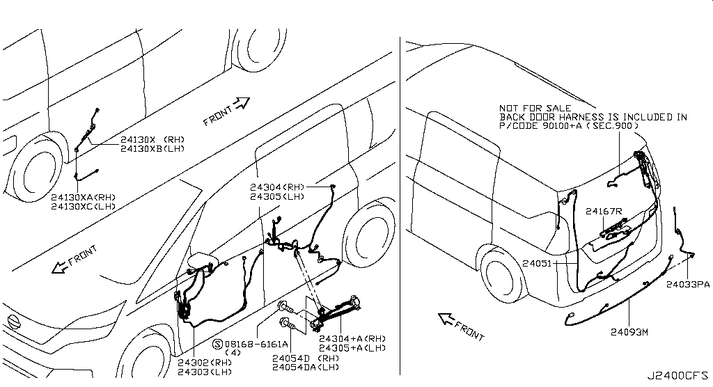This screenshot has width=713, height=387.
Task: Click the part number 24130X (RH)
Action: pos(152,140)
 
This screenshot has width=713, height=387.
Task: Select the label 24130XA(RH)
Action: pos(84,198)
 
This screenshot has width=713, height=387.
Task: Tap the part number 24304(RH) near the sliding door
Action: pos(277,187)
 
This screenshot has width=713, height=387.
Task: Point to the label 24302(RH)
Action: pos(205,363)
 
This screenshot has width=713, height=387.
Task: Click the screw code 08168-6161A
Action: pos(256,344)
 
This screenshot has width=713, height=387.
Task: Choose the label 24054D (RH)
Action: pos(306,358)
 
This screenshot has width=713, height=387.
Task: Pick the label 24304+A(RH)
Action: pos(352,339)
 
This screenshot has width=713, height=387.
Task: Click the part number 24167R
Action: pos(604,211)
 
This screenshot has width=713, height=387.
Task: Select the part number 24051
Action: pos(537,263)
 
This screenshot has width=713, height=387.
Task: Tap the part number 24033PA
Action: pos(688,285)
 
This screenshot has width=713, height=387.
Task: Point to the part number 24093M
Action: pos(629,332)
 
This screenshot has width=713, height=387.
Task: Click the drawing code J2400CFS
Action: pos(677,376)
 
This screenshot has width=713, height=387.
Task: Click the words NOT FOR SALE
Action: pos(535,108)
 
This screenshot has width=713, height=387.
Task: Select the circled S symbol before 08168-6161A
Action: pos(217,345)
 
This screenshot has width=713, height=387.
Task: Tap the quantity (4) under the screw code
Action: pos(233,352)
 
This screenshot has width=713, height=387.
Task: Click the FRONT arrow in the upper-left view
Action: pos(242,104)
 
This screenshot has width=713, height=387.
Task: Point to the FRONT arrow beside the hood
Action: pos(60,268)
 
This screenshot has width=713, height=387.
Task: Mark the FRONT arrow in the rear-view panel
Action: pos(447,319)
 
